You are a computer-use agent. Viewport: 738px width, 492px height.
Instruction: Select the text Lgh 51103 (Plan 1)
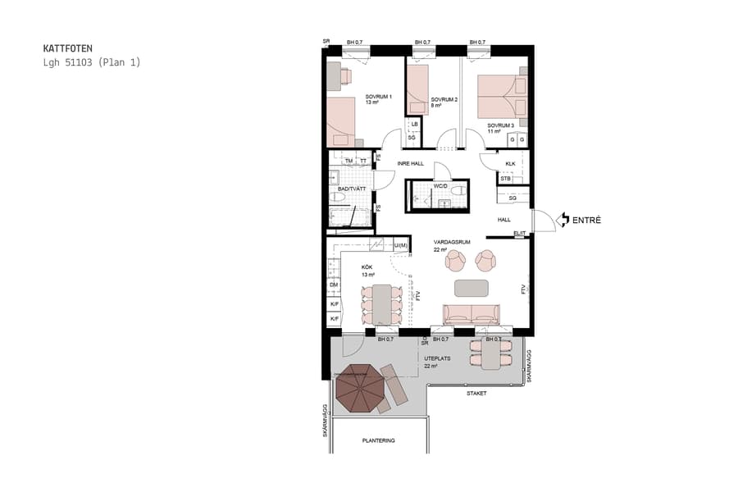[92, 62]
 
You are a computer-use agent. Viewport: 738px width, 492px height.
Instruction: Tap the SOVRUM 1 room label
[379, 97]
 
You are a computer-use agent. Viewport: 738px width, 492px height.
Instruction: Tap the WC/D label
[440, 186]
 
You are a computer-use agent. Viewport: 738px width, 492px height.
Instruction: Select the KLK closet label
[510, 164]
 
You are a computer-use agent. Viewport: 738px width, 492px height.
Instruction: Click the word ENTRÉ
[587, 220]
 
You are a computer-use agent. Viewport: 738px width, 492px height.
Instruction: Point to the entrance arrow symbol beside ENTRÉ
[563, 220]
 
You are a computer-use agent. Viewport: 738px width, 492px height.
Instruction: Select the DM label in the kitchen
[334, 285]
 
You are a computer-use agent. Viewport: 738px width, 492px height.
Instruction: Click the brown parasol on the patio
[358, 388]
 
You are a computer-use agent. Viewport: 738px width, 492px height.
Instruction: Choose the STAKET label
[476, 394]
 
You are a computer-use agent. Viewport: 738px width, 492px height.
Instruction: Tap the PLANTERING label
[378, 440]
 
